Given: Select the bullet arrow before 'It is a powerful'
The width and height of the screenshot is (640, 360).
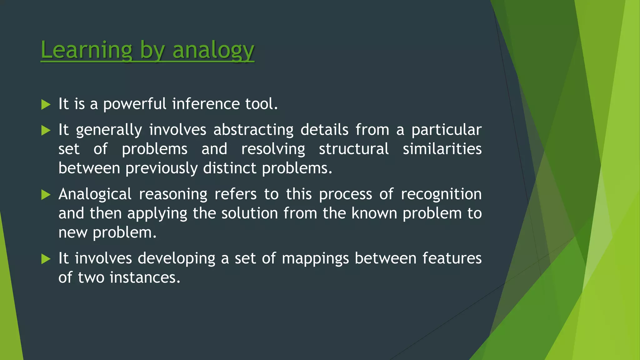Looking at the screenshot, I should [x=46, y=104].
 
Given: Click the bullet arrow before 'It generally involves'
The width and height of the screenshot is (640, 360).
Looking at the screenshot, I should [x=46, y=130].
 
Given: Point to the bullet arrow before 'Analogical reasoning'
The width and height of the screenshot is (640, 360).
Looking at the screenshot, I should [x=46, y=195].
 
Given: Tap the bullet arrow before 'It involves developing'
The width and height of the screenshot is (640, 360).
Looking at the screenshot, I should [x=46, y=259].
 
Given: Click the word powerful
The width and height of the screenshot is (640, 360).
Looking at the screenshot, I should [x=135, y=104].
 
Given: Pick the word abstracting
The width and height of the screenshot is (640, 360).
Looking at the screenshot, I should [x=253, y=130].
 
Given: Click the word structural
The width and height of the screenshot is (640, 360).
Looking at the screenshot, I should [x=354, y=149].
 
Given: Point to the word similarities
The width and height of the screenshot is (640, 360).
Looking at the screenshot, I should [x=442, y=149].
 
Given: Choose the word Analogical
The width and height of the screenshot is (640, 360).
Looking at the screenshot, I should [x=95, y=194].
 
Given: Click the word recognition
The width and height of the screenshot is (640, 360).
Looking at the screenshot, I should [x=441, y=194].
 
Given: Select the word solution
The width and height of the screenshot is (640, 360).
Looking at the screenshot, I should [x=249, y=213].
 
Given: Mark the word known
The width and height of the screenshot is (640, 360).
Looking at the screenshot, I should [x=374, y=213].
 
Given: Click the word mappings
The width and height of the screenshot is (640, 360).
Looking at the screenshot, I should [x=315, y=259].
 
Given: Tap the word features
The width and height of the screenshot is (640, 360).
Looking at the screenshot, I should [x=452, y=258].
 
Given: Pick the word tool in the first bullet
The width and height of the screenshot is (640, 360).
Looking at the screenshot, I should [x=259, y=104].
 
